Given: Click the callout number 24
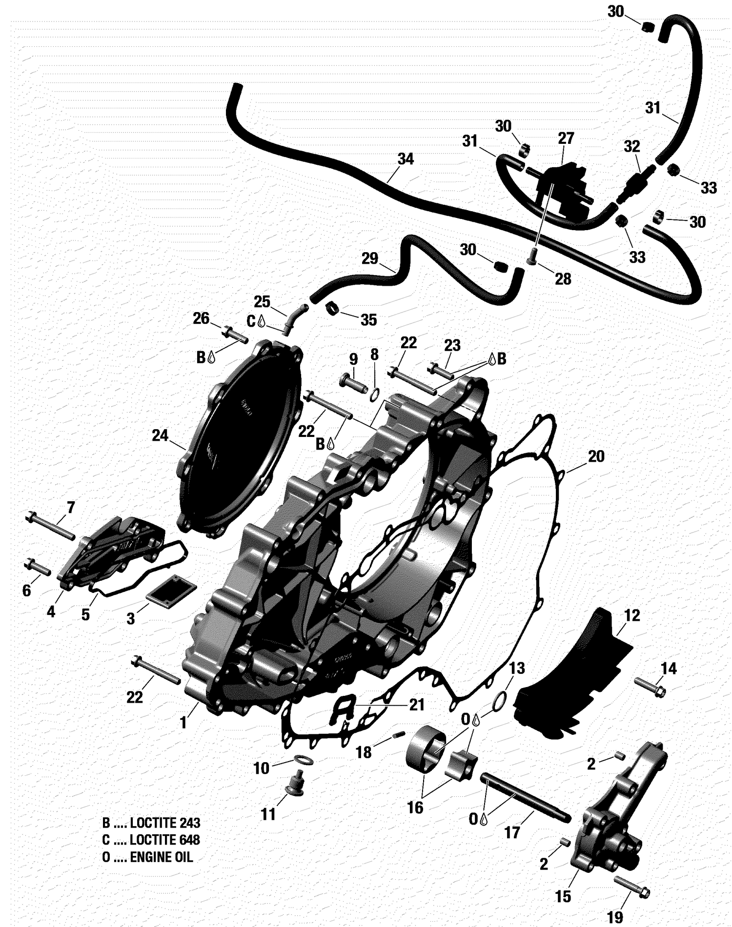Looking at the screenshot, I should point(160,435).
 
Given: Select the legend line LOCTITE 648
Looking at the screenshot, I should point(151,840).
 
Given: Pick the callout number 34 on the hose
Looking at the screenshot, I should point(406,159).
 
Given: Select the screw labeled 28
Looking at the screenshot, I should point(532,256).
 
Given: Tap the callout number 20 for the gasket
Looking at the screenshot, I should point(596,456).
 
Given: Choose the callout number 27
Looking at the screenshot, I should point(566,138).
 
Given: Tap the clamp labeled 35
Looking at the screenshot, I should point(332,309).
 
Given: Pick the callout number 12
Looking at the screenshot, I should point(631,615).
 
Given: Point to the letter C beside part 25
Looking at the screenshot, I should point(251,321).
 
